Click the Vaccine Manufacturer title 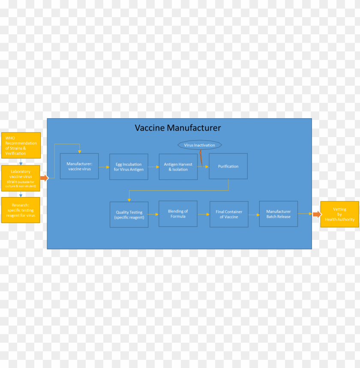pyautogui.click(x=178, y=128)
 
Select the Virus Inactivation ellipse pyautogui.click(x=200, y=145)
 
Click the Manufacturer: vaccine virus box pyautogui.click(x=79, y=166)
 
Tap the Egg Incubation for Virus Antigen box pyautogui.click(x=129, y=167)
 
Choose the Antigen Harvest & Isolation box pyautogui.click(x=178, y=167)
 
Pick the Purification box pyautogui.click(x=228, y=166)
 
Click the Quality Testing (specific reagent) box pyautogui.click(x=129, y=215)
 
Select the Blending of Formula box pyautogui.click(x=178, y=214)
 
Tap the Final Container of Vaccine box pyautogui.click(x=229, y=214)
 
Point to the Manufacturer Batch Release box pyautogui.click(x=279, y=214)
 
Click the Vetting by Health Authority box pyautogui.click(x=339, y=214)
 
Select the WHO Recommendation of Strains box pyautogui.click(x=21, y=145)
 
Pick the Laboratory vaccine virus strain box pyautogui.click(x=21, y=178)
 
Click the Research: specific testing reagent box pyautogui.click(x=21, y=210)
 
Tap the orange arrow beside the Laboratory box pyautogui.click(x=45, y=178)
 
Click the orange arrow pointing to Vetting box pyautogui.click(x=317, y=214)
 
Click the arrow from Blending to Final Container pyautogui.click(x=204, y=214)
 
